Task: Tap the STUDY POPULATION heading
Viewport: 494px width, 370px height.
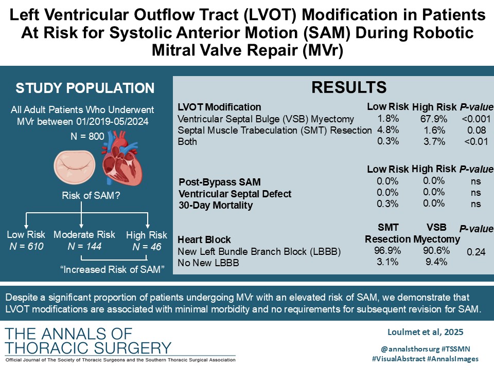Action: (x=85, y=88)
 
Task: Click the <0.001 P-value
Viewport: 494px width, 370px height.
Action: (x=475, y=119)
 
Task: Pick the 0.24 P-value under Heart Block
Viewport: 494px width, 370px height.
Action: (x=475, y=252)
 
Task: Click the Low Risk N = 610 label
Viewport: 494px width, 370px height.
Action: (x=26, y=241)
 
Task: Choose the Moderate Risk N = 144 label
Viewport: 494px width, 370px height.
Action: (x=85, y=241)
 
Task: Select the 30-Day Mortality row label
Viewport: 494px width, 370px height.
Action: (x=216, y=205)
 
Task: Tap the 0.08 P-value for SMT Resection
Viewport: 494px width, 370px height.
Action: (x=475, y=130)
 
